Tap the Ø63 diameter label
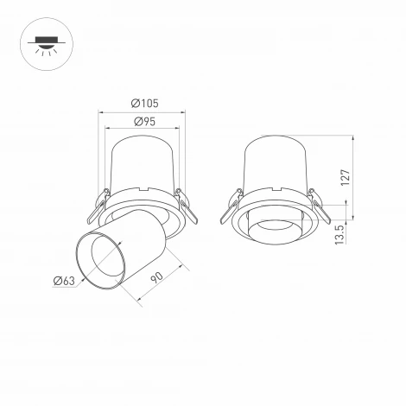[64, 279]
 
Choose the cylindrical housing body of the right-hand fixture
[277, 164]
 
